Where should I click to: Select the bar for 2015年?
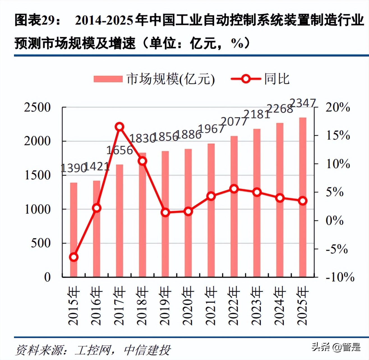click(73, 230)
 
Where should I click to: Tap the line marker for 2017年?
click(119, 127)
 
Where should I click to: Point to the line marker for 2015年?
click(73, 257)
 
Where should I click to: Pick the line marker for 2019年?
click(165, 212)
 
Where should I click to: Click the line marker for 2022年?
click(234, 189)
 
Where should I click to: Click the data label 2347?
click(303, 103)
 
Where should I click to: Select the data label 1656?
click(119, 151)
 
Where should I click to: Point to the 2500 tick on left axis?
click(37, 108)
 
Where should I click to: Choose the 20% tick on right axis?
click(338, 108)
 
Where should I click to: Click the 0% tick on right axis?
click(334, 221)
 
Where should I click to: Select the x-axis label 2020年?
click(188, 306)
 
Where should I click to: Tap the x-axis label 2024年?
click(280, 306)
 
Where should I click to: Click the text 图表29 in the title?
click(34, 20)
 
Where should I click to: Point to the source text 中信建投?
click(147, 350)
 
